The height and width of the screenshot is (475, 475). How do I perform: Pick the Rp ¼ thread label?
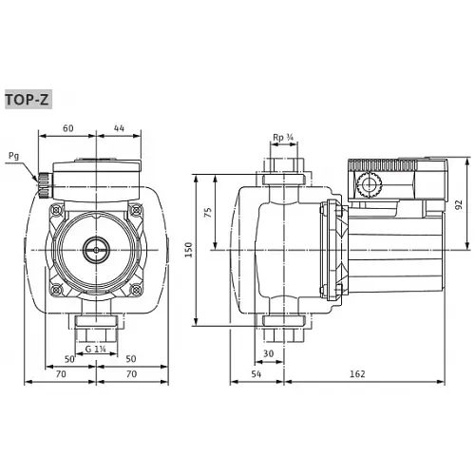point(281,137)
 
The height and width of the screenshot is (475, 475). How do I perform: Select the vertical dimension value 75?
point(210,213)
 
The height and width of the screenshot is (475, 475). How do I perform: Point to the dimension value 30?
point(269,353)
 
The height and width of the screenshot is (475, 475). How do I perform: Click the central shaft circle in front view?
point(94,253)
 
